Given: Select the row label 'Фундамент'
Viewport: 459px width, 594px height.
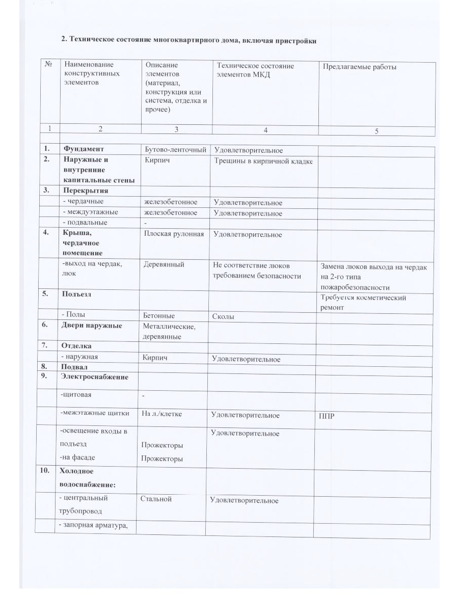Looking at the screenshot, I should point(84,149).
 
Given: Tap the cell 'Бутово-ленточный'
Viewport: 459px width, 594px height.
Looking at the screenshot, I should point(176,150).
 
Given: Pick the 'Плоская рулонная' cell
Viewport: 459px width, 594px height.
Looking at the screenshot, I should point(174,234).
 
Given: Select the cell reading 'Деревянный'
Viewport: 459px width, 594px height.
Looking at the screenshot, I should point(164,264).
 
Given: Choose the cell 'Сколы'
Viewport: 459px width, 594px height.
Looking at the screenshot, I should point(224,316).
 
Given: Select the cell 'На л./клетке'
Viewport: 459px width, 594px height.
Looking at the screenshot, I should point(161,415).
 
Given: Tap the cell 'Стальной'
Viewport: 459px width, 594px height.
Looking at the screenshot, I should point(156,499).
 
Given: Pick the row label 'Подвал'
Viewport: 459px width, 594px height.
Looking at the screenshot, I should point(74,367).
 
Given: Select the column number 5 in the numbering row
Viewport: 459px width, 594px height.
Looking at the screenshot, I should point(376,131).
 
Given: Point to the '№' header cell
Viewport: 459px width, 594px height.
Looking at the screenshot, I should point(48,65).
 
